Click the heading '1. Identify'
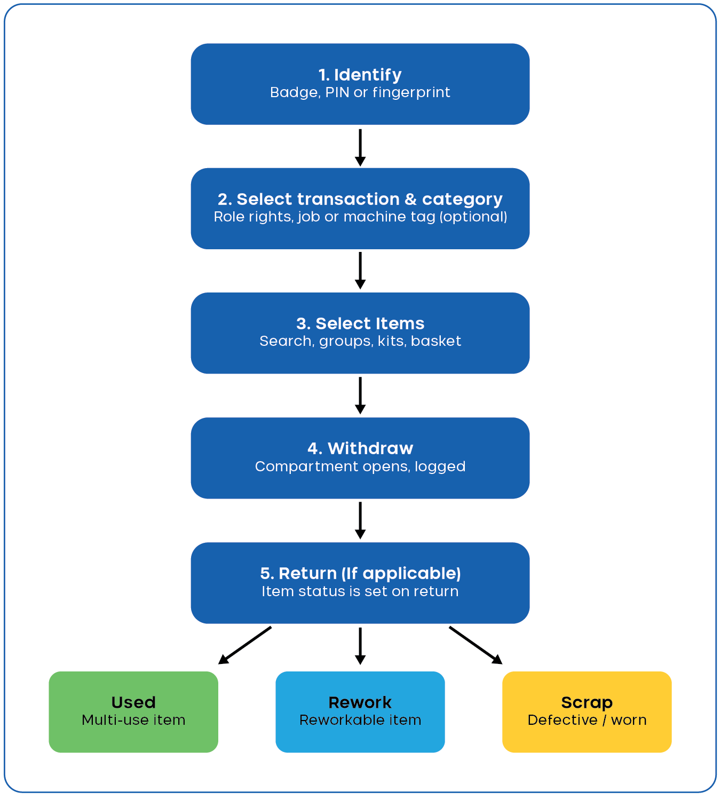(360, 75)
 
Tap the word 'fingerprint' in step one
(411, 92)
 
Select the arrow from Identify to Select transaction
(360, 147)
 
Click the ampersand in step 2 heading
(410, 199)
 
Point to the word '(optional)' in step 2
(473, 217)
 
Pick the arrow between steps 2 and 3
(360, 271)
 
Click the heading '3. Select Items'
(360, 323)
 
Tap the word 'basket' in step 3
(436, 341)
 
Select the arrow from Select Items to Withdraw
(360, 395)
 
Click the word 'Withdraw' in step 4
(370, 448)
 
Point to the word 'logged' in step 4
(440, 467)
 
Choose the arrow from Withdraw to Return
(360, 520)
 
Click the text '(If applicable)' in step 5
(401, 574)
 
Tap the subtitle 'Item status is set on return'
(360, 591)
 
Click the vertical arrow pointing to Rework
(360, 646)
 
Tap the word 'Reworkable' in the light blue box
(339, 720)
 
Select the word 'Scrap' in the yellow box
(587, 703)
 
